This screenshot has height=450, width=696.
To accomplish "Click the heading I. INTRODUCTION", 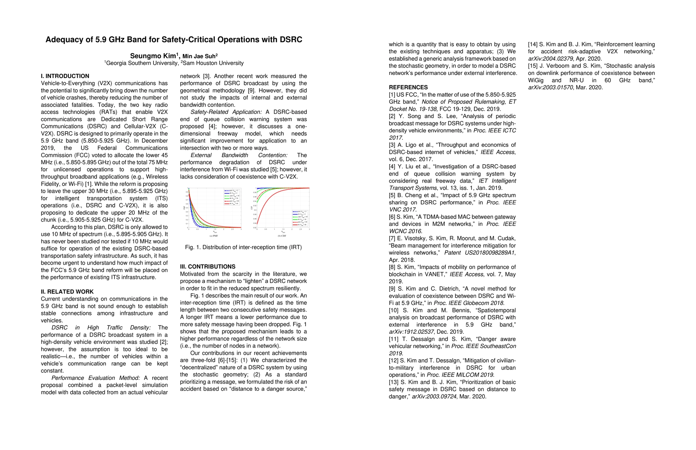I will tap(65, 76).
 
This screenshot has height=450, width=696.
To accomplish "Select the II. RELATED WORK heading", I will tap(67, 292).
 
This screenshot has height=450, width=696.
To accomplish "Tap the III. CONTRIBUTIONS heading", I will tap(208, 267).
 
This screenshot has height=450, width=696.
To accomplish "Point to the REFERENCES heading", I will tap(408, 87).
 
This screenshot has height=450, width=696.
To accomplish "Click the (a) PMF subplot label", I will tap(214, 236).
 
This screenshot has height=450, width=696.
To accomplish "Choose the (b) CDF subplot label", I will tap(282, 236).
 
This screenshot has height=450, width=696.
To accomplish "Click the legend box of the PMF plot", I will tap(232, 196).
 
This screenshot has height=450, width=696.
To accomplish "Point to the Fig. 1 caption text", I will tap(243, 247).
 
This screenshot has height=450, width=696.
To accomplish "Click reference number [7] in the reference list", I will tap(392, 238).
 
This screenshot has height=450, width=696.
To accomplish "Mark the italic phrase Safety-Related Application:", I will tap(226, 112).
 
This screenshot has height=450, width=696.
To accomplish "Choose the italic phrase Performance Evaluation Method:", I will tap(96, 378).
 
